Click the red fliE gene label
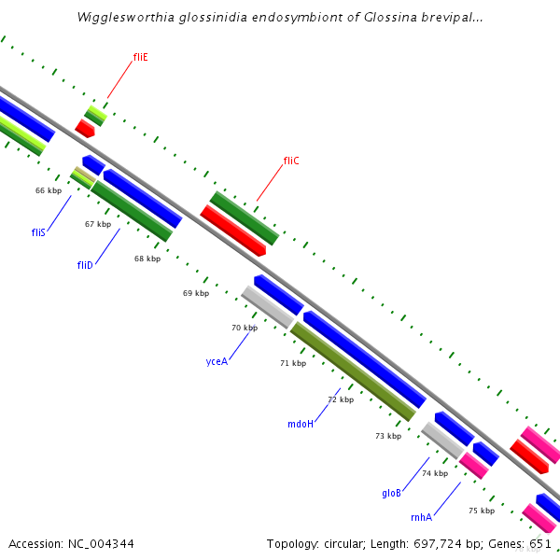[140, 57]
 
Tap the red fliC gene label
[291, 161]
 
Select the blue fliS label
[38, 231]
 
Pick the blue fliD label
[85, 265]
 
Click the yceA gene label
[217, 361]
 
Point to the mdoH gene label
[301, 424]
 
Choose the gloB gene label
[391, 493]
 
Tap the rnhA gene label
[421, 517]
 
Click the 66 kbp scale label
[49, 190]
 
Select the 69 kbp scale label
[196, 293]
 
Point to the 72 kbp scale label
[341, 399]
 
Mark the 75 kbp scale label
[481, 511]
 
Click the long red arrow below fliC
[233, 230]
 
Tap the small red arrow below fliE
[85, 129]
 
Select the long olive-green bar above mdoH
[353, 371]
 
